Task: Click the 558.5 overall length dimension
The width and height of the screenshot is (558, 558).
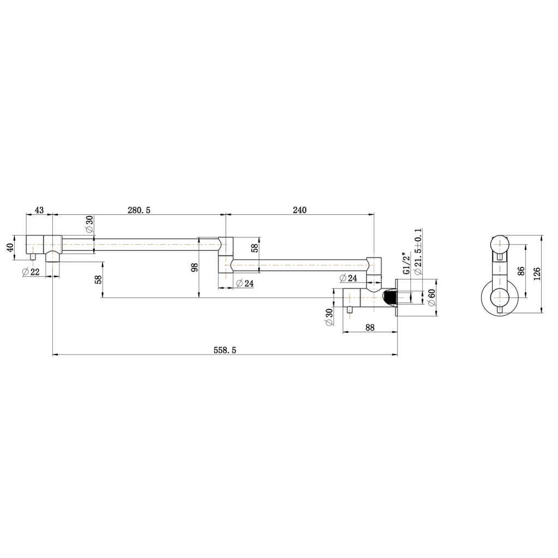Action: point(225,351)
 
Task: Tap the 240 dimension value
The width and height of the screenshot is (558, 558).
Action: point(299,210)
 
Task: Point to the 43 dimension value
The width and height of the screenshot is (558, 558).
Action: point(39,210)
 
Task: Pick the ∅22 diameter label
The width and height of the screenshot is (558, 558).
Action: point(31,272)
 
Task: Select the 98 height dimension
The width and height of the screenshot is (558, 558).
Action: point(195,267)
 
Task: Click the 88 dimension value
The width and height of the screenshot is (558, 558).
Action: point(370,327)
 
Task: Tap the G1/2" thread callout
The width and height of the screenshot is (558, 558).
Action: point(405,263)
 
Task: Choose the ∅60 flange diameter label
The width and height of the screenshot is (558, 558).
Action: point(431,297)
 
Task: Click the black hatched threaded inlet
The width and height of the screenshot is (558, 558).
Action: point(389,298)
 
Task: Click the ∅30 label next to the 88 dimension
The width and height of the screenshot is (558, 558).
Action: point(329,317)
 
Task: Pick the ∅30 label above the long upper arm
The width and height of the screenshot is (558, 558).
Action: point(89,224)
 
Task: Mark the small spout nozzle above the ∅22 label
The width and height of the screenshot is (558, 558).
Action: point(33,256)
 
